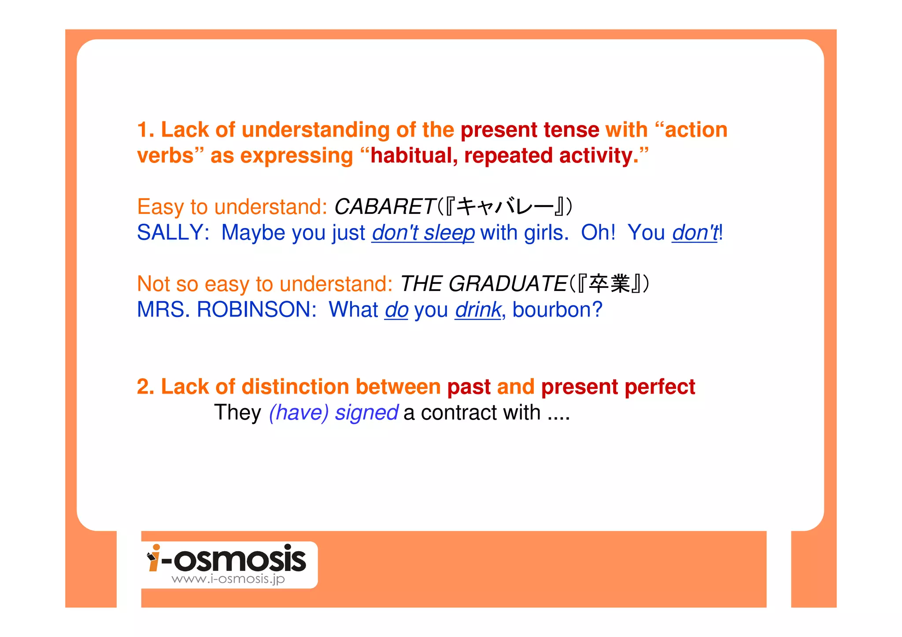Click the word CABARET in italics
coord(384,206)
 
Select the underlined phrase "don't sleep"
coord(423,232)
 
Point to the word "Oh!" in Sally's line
coord(598,232)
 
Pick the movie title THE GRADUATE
coord(483,284)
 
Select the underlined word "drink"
coord(478,309)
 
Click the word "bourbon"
coord(552,309)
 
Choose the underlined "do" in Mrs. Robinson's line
coord(396,309)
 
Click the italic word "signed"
coord(366,413)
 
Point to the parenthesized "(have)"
coord(299,413)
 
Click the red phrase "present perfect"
coord(618,387)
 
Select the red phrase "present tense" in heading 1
coord(529,130)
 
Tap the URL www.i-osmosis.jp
coord(228,579)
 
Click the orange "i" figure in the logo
coord(154,558)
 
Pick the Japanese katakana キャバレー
coord(504,206)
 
